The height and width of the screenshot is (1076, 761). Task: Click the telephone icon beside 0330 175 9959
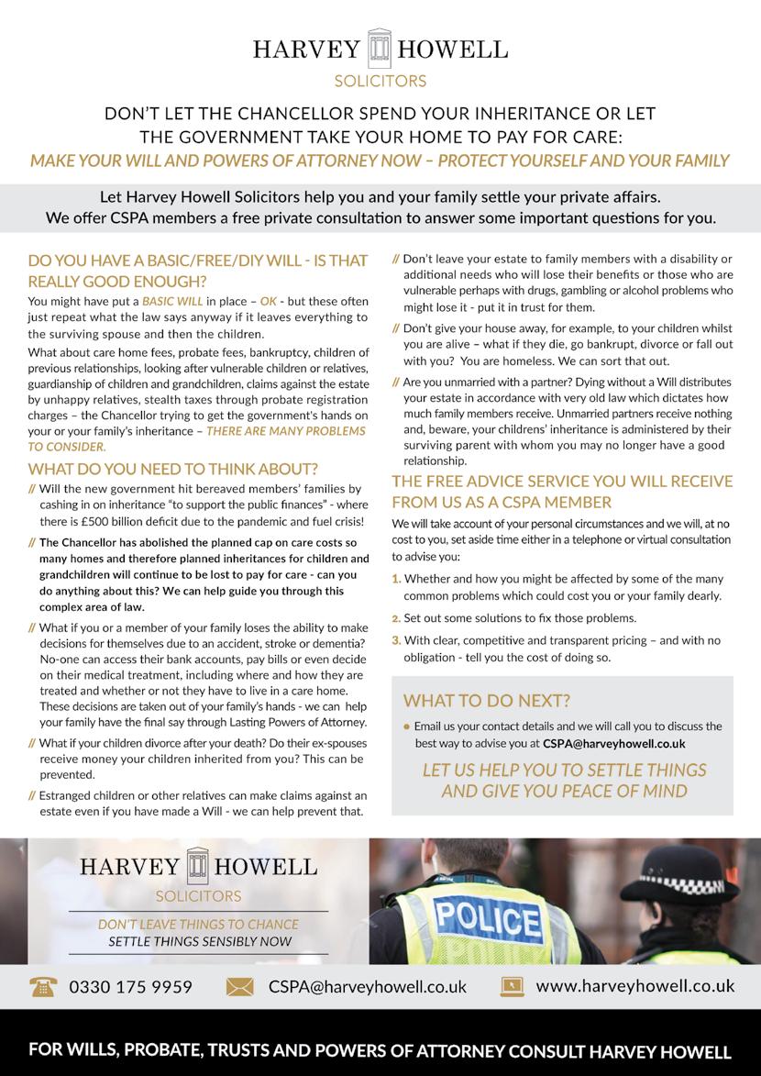pyautogui.click(x=42, y=987)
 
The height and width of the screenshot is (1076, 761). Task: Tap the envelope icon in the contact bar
pyautogui.click(x=239, y=987)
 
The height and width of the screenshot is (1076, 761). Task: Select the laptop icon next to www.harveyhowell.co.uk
pyautogui.click(x=512, y=987)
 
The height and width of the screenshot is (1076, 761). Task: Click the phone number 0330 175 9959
pyautogui.click(x=131, y=987)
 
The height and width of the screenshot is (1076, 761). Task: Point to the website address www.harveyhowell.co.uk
pyautogui.click(x=634, y=986)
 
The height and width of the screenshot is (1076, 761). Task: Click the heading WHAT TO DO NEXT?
pyautogui.click(x=486, y=701)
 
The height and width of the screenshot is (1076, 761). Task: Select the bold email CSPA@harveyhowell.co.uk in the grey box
pyautogui.click(x=613, y=743)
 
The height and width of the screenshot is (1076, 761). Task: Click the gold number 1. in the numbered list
pyautogui.click(x=396, y=580)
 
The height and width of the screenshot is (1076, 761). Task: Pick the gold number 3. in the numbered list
pyautogui.click(x=396, y=640)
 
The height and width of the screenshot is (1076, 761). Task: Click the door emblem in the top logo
pyautogui.click(x=380, y=48)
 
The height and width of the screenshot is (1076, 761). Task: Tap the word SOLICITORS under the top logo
pyautogui.click(x=380, y=81)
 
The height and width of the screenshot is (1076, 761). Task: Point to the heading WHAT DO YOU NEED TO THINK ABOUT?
pyautogui.click(x=173, y=470)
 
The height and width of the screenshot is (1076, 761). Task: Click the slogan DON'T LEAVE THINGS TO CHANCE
pyautogui.click(x=198, y=925)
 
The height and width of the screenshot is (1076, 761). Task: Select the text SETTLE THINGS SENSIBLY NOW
pyautogui.click(x=200, y=942)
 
